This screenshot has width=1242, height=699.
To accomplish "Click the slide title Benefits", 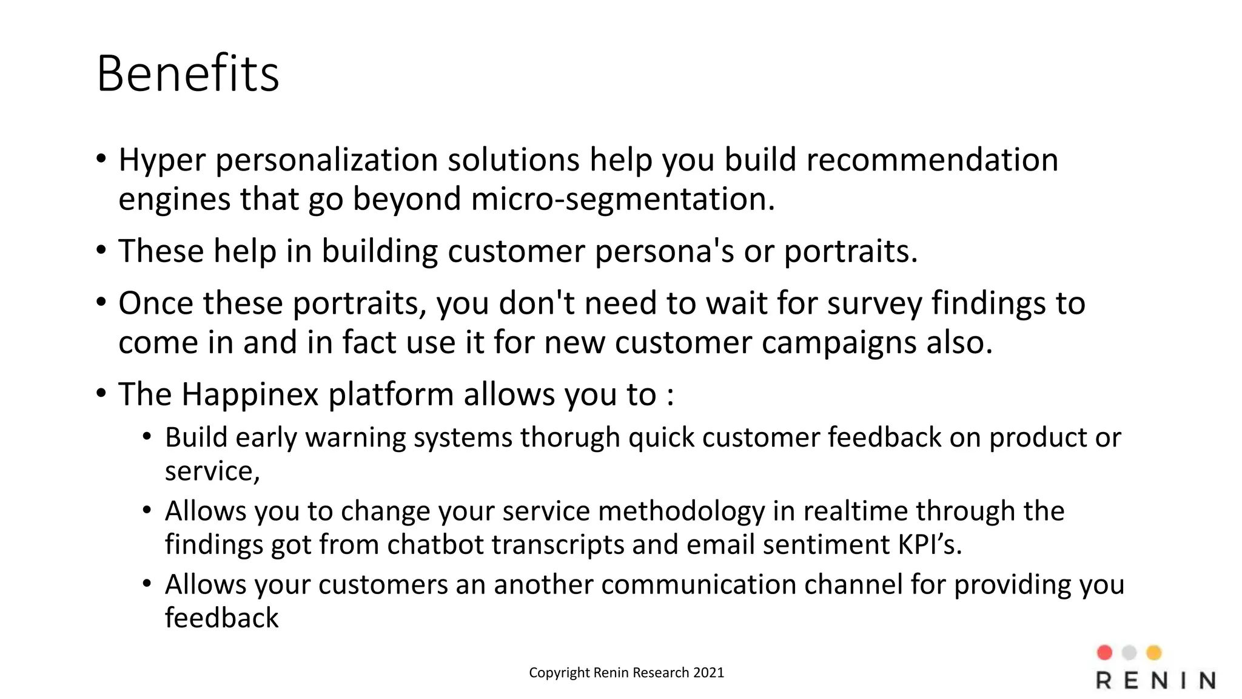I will [x=187, y=73].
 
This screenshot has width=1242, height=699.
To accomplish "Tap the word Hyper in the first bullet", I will [x=162, y=160].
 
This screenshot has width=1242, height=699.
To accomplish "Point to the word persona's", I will [x=664, y=251].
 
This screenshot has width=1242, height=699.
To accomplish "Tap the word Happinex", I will [x=250, y=394].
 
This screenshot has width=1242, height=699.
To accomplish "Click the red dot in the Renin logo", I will [x=1104, y=652].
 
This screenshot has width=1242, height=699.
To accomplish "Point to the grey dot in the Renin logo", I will [x=1129, y=652].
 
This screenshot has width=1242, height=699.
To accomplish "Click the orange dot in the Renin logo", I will [x=1153, y=652].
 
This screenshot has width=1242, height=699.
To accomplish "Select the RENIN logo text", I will [x=1156, y=681].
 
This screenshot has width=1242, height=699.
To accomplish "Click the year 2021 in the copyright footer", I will [x=708, y=672].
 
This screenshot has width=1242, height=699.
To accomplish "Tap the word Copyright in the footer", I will [x=559, y=672].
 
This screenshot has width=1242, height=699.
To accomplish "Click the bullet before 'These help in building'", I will [x=101, y=251].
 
